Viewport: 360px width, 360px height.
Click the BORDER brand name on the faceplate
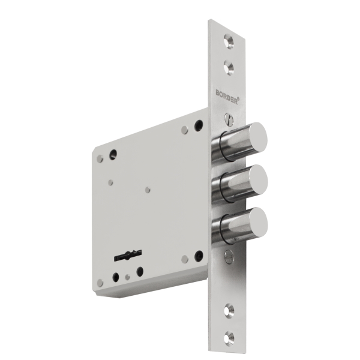[226, 97]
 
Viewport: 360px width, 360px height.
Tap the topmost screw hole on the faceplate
[229, 41]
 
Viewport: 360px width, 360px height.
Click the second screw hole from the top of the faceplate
[229, 67]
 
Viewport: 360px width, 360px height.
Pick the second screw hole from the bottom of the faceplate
[229, 311]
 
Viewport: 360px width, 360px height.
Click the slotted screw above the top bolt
[229, 119]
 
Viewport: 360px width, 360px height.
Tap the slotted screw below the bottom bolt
[229, 256]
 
